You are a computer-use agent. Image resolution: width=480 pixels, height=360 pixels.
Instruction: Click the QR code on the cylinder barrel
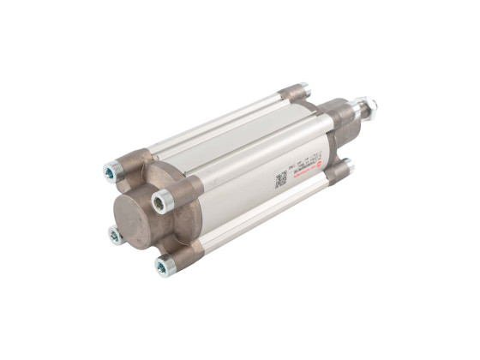pos(280,180)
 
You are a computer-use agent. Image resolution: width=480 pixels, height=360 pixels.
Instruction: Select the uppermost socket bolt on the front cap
pos(111,172)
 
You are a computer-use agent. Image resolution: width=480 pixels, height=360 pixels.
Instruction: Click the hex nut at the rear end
pos(369,107)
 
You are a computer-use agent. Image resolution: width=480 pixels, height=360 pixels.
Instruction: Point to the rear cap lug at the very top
pos(294,92)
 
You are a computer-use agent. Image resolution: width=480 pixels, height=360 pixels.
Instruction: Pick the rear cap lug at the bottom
pos(336,171)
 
